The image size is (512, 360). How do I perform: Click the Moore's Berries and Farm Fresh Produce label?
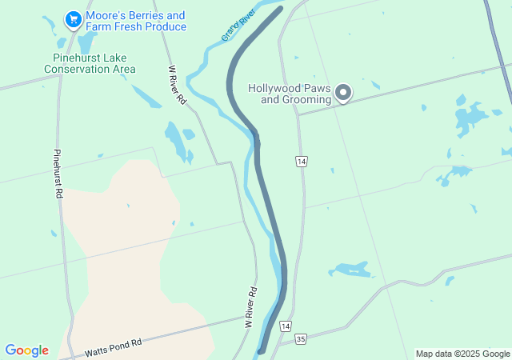click(135, 21)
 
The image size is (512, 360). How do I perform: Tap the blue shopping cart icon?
click(73, 18)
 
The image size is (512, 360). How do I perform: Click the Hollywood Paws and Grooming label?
click(290, 94)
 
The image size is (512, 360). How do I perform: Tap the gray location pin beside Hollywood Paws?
click(343, 93)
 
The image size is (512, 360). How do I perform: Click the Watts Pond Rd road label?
click(113, 346)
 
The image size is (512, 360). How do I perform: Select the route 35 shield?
click(300, 339)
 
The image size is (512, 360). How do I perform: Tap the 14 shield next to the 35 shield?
click(286, 326)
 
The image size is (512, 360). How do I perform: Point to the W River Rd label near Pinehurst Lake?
click(178, 85)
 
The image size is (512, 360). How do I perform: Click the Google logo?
click(26, 350)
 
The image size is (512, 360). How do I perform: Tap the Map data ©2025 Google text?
click(462, 354)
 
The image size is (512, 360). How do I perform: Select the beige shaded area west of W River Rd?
click(128, 256)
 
